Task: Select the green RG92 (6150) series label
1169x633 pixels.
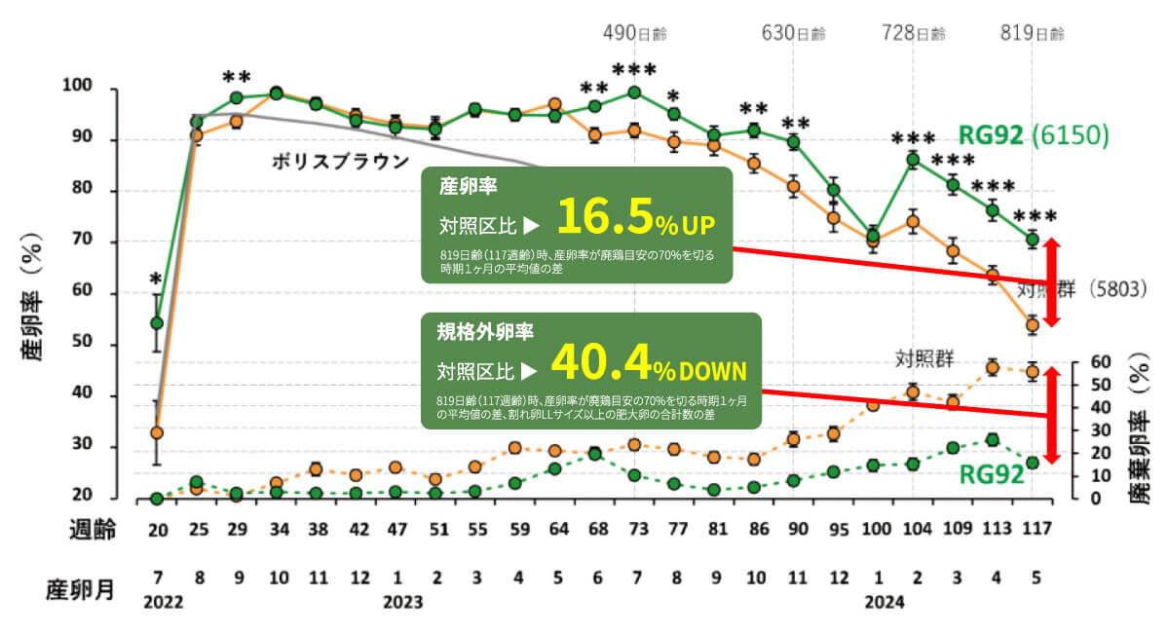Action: pos(1034,135)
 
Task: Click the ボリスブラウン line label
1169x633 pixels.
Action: pos(339,162)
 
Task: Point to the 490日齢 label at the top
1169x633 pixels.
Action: pos(633,33)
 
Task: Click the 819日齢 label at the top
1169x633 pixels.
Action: pos(1033,33)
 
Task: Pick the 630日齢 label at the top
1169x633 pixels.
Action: pos(793,33)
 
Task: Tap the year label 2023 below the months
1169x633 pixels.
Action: pos(402,602)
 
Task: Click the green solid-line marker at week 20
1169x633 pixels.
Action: pos(157,322)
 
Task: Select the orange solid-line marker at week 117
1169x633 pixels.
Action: pos(1033,325)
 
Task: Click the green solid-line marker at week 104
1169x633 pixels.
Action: pos(913,160)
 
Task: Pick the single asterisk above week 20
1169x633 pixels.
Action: pos(156,280)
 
